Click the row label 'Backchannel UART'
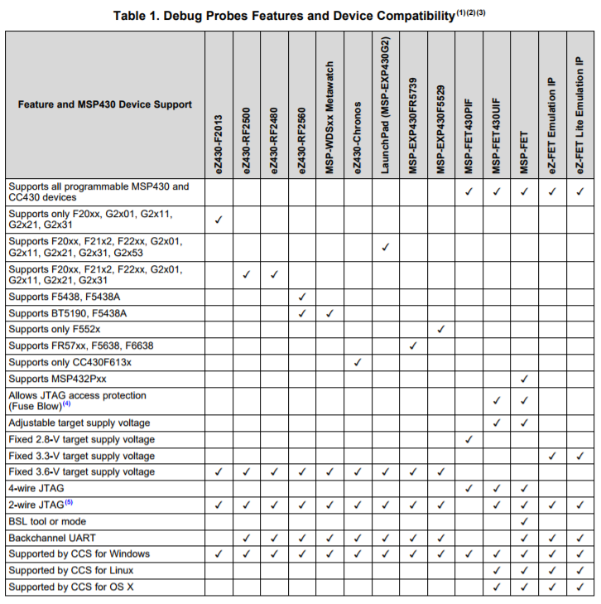(x=50, y=538)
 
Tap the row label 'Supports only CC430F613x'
(x=70, y=362)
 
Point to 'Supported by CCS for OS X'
(x=73, y=587)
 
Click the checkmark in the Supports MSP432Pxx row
(x=524, y=379)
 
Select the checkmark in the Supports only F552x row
(x=440, y=329)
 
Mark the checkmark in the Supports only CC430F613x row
(x=357, y=362)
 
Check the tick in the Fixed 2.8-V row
(x=469, y=439)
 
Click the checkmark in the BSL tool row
(x=524, y=521)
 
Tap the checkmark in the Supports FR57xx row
(x=412, y=345)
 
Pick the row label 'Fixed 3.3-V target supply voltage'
(x=81, y=456)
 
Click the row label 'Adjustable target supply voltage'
(x=79, y=423)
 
